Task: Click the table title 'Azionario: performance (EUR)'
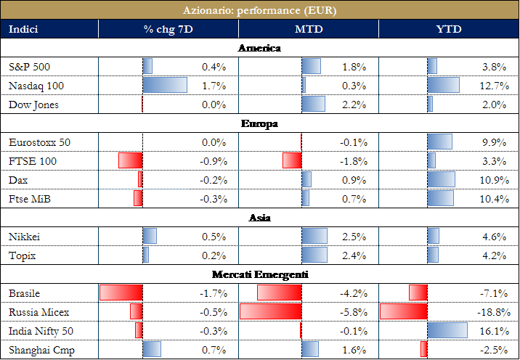point(259,11)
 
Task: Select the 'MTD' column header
point(308,30)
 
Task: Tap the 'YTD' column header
point(449,30)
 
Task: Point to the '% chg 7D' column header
point(168,30)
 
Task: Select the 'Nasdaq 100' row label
point(36,86)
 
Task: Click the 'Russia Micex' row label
point(39,312)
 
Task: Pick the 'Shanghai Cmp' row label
point(41,350)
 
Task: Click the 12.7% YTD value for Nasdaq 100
point(492,86)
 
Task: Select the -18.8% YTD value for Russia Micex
point(489,312)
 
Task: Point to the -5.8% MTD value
point(352,312)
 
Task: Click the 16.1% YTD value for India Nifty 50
point(492,331)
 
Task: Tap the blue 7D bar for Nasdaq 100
point(165,86)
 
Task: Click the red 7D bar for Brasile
point(121,293)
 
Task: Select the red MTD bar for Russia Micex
point(270,312)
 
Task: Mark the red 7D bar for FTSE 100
point(131,161)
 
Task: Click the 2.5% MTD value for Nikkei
point(354,237)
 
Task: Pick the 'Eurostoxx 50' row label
point(41,142)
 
